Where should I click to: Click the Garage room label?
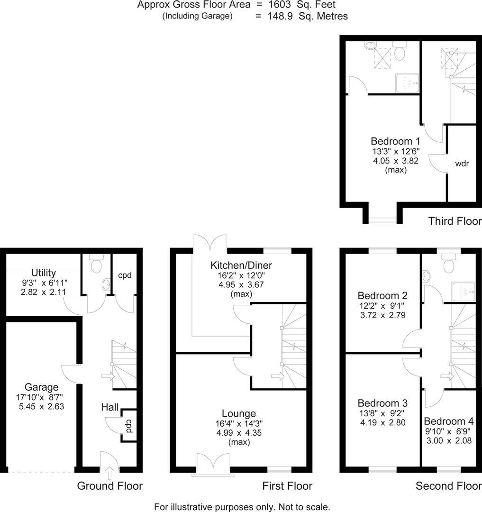(x=42, y=387)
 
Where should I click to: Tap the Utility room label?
(x=44, y=273)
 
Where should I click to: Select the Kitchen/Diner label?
(x=241, y=265)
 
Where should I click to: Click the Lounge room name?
(x=239, y=413)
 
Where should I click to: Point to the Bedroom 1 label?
(x=395, y=141)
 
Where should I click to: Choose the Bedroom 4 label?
(x=448, y=421)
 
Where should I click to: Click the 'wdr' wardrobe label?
(x=462, y=164)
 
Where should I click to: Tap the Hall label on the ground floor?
(x=109, y=407)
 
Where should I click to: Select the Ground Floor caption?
(x=109, y=486)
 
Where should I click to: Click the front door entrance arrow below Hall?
(x=110, y=472)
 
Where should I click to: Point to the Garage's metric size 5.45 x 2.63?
(x=42, y=406)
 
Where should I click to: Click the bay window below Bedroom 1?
(x=382, y=219)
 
